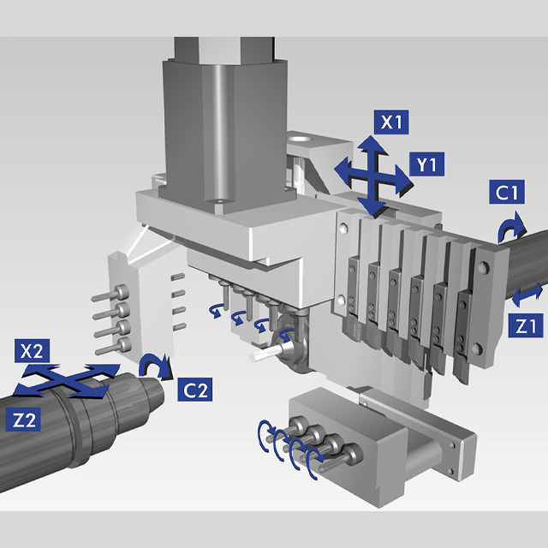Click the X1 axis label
point(391,122)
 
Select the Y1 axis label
point(426,164)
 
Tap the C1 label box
point(507,192)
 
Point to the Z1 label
point(526,325)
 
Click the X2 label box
point(32,351)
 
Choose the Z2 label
point(23,420)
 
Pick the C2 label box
point(194,390)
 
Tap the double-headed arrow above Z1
point(527,295)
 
